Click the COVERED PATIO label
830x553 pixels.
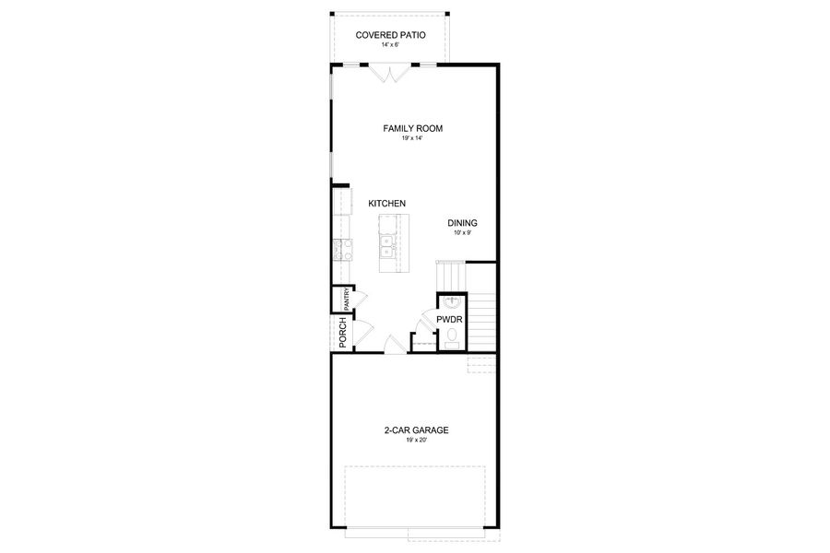pyautogui.click(x=391, y=35)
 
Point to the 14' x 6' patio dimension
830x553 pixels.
pyautogui.click(x=391, y=44)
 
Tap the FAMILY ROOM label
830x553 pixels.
pyautogui.click(x=413, y=128)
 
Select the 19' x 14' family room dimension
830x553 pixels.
pyautogui.click(x=413, y=138)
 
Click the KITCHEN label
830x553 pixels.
pyautogui.click(x=387, y=204)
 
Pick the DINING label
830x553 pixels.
pyautogui.click(x=462, y=223)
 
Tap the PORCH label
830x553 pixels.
pyautogui.click(x=342, y=332)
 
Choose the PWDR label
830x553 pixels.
pyautogui.click(x=449, y=321)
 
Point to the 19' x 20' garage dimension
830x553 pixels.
pyautogui.click(x=417, y=441)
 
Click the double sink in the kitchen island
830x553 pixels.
pyautogui.click(x=388, y=245)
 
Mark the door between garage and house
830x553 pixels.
pyautogui.click(x=394, y=345)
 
